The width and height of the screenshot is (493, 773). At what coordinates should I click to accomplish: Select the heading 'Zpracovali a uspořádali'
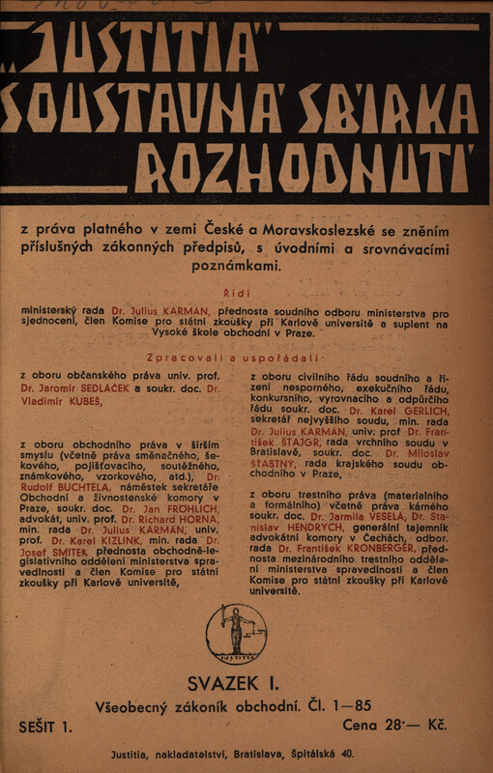[246, 358]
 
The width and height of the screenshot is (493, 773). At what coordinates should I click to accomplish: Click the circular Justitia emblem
[236, 634]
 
